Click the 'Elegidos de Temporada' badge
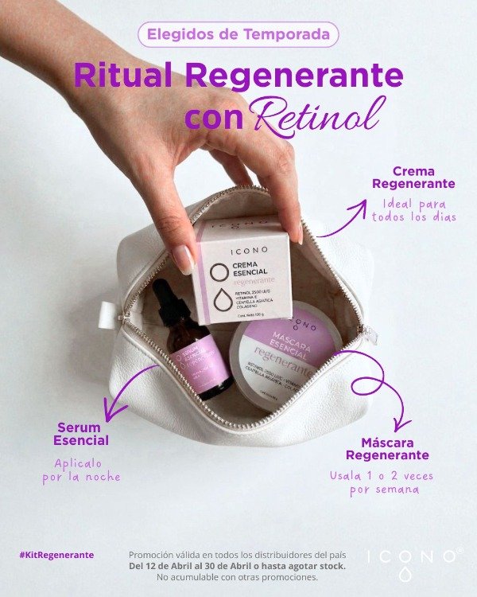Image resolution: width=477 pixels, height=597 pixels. [x=238, y=34]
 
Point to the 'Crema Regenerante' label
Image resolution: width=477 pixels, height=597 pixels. [x=413, y=178]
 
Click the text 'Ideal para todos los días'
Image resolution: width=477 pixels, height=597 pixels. [x=413, y=210]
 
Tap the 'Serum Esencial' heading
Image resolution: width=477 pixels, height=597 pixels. [x=81, y=434]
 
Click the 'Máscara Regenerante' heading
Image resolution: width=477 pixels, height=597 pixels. [x=386, y=448]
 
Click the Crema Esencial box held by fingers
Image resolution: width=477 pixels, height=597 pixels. [x=243, y=275]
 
